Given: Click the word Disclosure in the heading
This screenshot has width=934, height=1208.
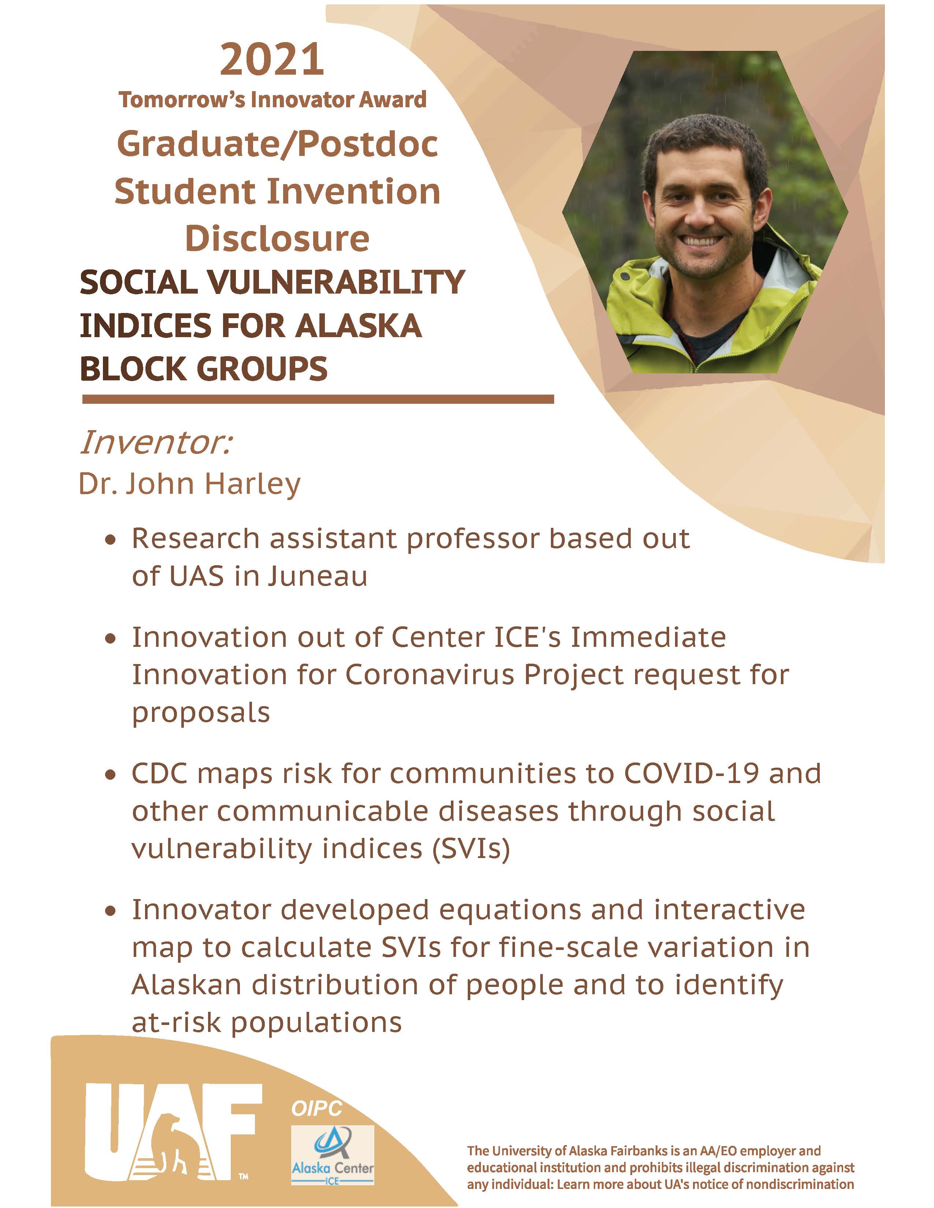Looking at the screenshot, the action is click(277, 238).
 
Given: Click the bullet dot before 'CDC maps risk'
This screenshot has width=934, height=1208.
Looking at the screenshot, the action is click(111, 775).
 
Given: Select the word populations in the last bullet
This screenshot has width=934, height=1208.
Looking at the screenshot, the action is click(316, 1024).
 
